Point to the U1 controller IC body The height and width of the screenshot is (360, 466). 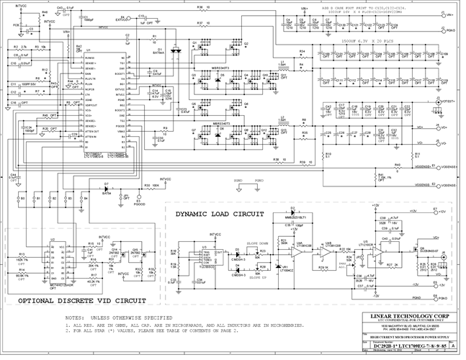(x=102, y=101)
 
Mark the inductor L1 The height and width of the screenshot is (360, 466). (x=284, y=70)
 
